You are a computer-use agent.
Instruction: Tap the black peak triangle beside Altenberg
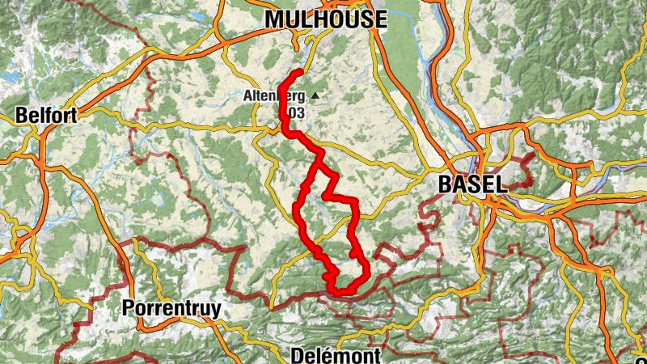[315, 96]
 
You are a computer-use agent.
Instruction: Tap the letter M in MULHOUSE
[276, 19]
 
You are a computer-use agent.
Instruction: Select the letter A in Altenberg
[247, 95]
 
